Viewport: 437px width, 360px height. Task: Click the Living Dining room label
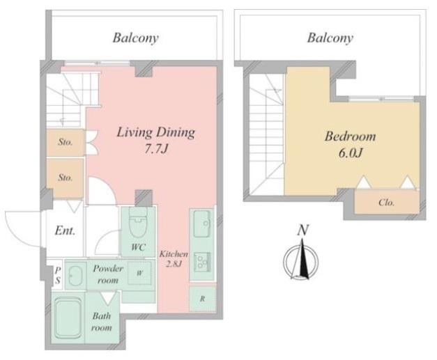[x=155, y=132]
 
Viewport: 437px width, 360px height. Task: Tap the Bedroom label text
[x=350, y=136]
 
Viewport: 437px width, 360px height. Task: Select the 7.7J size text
[x=156, y=149]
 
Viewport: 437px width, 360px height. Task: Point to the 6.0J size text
[x=350, y=153]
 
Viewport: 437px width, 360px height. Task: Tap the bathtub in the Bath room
[x=68, y=318]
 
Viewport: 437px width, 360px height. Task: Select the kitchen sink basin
[x=202, y=224]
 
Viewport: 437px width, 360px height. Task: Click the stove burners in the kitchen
[x=202, y=262]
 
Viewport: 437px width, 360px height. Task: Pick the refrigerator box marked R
[x=203, y=299]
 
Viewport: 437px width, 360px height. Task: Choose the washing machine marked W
[x=139, y=273]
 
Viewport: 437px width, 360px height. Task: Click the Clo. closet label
[x=387, y=203]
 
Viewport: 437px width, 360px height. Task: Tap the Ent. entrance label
[x=65, y=230]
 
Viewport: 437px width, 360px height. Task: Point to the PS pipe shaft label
[x=57, y=275]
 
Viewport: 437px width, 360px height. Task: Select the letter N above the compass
[x=302, y=230]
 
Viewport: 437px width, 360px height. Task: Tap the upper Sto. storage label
[x=66, y=142]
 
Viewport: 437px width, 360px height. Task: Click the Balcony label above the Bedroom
[x=330, y=38]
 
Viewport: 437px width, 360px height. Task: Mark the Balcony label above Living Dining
[x=135, y=38]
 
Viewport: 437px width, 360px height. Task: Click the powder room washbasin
[x=75, y=275]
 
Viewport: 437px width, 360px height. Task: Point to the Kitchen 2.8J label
[x=174, y=258]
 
